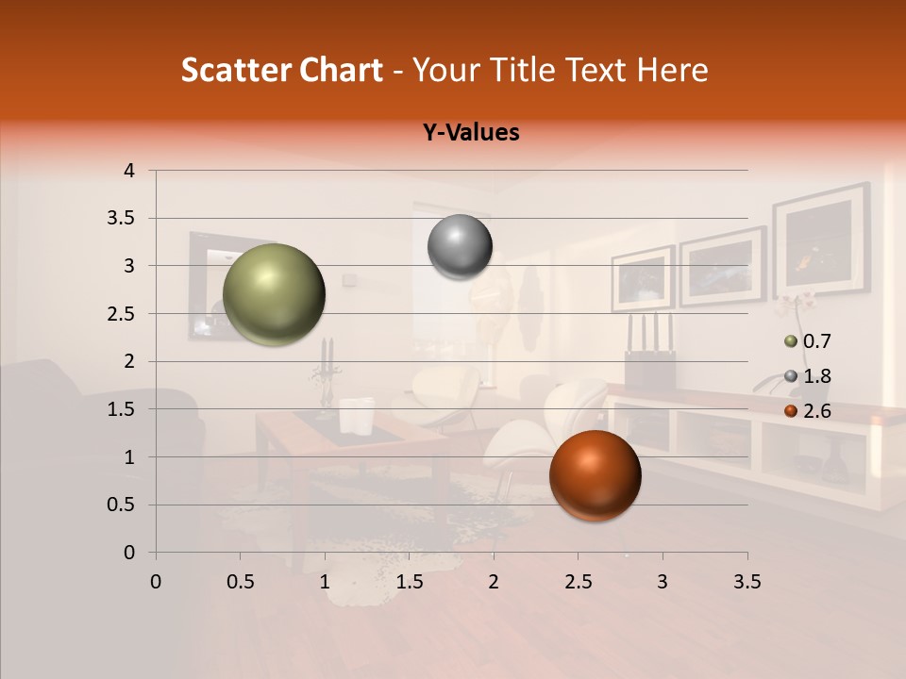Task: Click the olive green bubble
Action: pyautogui.click(x=274, y=294)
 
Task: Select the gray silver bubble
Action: pyautogui.click(x=460, y=247)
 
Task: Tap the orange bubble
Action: pyautogui.click(x=595, y=475)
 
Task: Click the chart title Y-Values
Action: pyautogui.click(x=471, y=133)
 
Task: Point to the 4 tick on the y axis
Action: pyautogui.click(x=129, y=171)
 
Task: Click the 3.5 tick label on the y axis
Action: pyautogui.click(x=121, y=219)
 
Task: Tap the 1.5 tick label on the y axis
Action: pyautogui.click(x=121, y=410)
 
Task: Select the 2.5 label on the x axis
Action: pyautogui.click(x=578, y=582)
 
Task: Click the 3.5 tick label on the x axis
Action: pyautogui.click(x=747, y=582)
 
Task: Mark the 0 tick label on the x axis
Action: pyautogui.click(x=156, y=582)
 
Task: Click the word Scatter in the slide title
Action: pyautogui.click(x=232, y=70)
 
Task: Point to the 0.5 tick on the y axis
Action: pyautogui.click(x=121, y=505)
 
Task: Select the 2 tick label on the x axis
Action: pyautogui.click(x=494, y=582)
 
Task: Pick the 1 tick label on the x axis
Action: pyautogui.click(x=325, y=582)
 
